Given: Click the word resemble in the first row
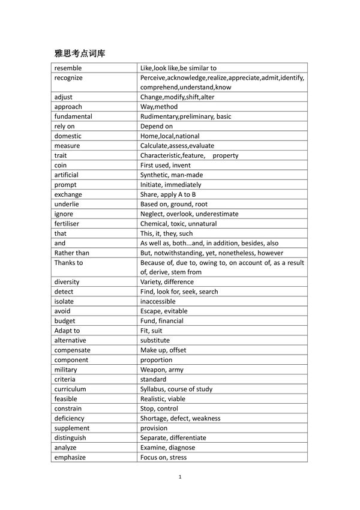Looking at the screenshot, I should pos(68,68).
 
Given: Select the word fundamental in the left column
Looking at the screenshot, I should pos(73,116).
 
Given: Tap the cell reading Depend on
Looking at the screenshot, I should pos(157,126).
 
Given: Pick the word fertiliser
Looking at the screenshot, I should pos(67,223).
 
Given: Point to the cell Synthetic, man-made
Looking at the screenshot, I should pos(172,175).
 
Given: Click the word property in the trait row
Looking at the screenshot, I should pos(226,155).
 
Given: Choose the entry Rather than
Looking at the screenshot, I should pos(71,253).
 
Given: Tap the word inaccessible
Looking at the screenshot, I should pos(158,301).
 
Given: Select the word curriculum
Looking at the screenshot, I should pos(70,389).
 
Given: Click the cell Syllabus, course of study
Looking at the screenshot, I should pos(176,389).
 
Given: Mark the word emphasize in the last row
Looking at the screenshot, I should pos(70,457).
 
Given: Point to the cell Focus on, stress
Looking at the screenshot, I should pos(163,457).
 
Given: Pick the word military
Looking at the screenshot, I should pos(65,370).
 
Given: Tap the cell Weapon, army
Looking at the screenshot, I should pos(162,370).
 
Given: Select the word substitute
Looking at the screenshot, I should pos(155,340).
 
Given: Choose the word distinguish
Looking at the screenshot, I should pos(70,437).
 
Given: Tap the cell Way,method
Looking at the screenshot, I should pos(159,107).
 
